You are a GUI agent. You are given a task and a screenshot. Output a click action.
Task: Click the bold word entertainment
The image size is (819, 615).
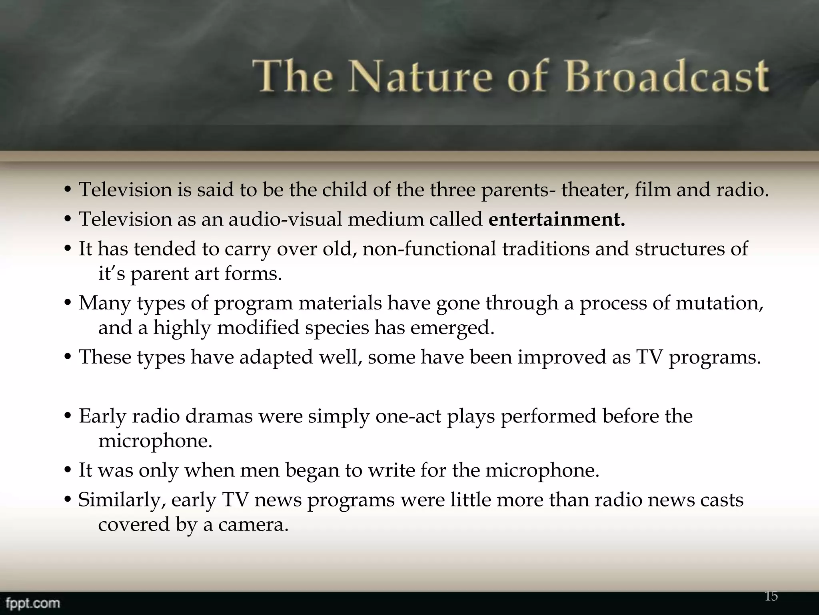point(556,219)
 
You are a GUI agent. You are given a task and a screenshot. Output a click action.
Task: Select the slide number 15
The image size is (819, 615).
point(771,596)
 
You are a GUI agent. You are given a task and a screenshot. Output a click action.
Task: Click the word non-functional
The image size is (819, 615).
point(429,249)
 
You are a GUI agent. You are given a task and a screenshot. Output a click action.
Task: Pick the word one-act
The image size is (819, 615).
point(408,416)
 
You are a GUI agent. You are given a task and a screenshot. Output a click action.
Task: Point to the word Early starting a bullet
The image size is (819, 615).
point(102,416)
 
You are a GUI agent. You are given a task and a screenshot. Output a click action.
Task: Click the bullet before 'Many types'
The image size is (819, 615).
point(68,303)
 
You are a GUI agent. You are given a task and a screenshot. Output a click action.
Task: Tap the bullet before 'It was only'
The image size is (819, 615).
point(68,470)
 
